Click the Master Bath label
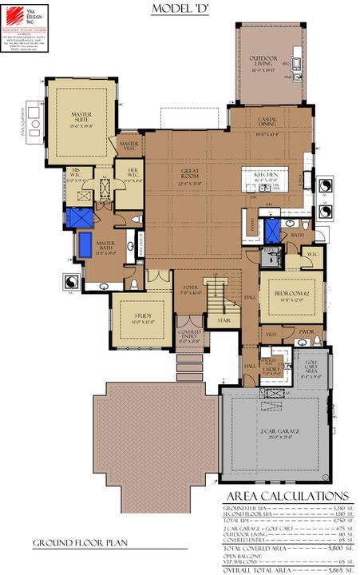click(x=105, y=245)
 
